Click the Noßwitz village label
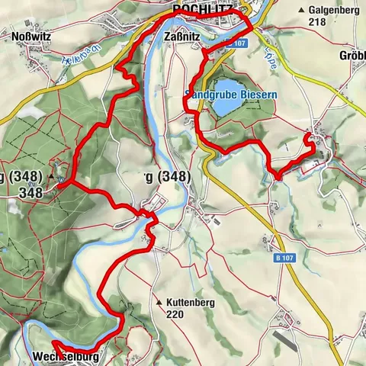click(x=31, y=35)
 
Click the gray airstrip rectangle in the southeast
click(x=290, y=340)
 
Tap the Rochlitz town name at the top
click(x=202, y=9)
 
